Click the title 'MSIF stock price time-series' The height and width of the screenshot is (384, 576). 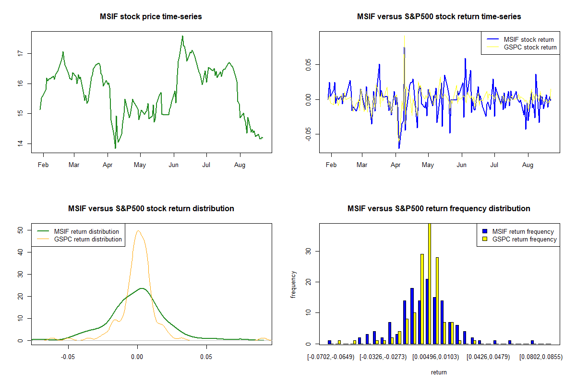coord(151,17)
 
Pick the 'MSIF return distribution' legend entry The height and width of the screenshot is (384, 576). coord(86,232)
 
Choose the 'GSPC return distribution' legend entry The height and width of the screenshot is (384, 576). coord(88,240)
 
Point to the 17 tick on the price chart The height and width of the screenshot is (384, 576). coord(20,53)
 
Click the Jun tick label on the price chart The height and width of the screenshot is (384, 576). coord(174,166)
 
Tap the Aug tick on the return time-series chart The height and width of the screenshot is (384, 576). coord(528,166)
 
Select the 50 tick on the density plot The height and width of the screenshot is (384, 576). coord(20,230)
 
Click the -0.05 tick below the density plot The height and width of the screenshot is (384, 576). coord(68,358)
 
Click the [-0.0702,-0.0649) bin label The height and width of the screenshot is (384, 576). coord(331,358)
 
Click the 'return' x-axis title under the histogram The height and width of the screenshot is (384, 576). coord(439,372)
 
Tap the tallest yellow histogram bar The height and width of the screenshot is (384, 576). coord(429,283)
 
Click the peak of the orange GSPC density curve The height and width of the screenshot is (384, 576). coord(138,231)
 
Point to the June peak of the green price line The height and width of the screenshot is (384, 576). coord(182,36)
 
